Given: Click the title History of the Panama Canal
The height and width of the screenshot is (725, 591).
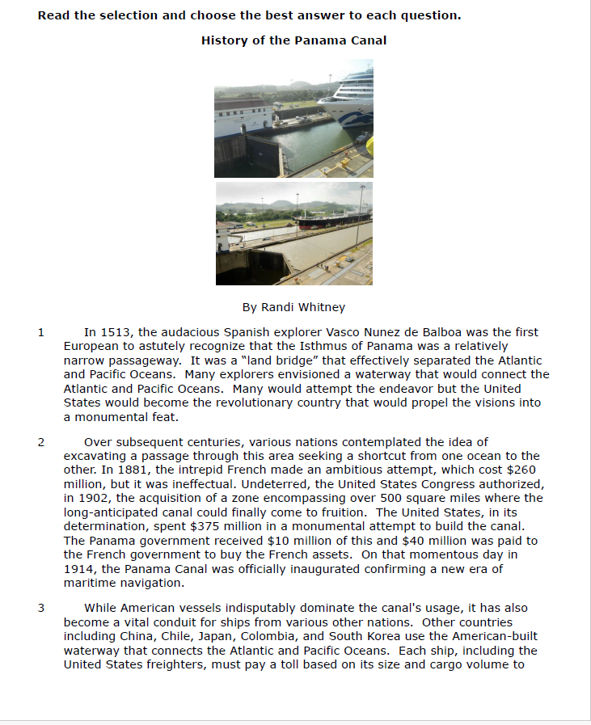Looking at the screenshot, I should point(293,40).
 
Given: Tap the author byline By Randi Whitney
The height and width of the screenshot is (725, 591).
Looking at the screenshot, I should point(293,307).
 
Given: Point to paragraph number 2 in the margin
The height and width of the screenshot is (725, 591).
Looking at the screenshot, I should point(40,442).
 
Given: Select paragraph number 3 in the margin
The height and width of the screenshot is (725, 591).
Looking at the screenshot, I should point(40,608).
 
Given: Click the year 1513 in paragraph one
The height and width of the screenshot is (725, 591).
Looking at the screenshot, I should point(114,332).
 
